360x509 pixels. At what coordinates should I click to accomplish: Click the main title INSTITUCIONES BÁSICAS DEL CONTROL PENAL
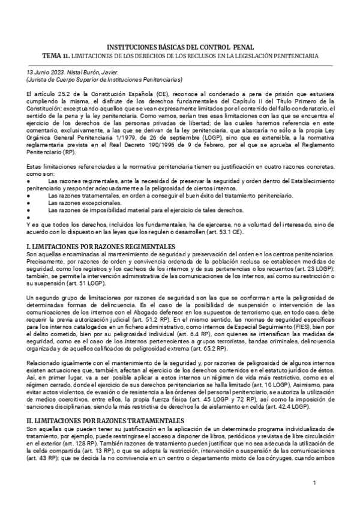[x=180, y=47]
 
